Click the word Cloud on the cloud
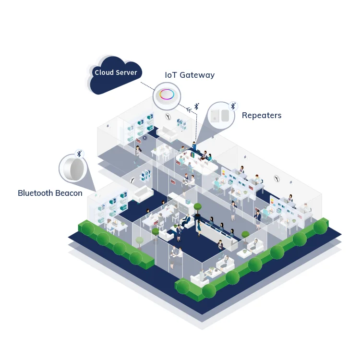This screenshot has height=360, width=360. (x=104, y=72)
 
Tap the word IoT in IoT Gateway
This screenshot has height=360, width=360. (x=170, y=75)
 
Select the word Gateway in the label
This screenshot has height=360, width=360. (x=197, y=75)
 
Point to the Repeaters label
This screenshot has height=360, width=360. (x=262, y=115)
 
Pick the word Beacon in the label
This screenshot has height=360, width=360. (x=71, y=193)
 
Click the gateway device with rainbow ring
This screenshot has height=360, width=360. (x=167, y=94)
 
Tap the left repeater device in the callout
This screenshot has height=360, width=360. (x=215, y=115)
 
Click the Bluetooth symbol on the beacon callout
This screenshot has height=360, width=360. (x=80, y=153)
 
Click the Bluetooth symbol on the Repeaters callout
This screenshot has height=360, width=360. (x=233, y=106)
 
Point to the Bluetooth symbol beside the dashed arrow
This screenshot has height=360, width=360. (x=196, y=106)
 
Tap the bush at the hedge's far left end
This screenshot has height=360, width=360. (x=87, y=229)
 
